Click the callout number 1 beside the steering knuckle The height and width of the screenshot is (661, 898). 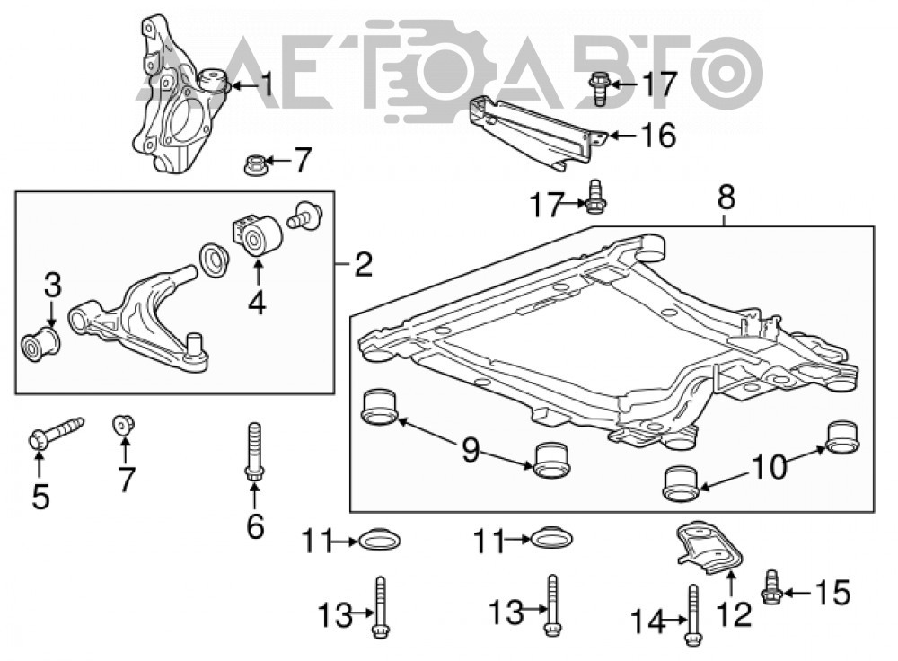(267, 84)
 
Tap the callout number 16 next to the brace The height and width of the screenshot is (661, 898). (658, 136)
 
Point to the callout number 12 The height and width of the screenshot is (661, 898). (735, 614)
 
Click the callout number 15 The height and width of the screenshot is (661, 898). (832, 593)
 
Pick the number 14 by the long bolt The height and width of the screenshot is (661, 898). (649, 621)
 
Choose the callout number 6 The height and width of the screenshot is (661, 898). (255, 525)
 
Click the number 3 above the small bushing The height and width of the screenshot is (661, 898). (52, 286)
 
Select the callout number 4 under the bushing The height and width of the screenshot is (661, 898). (257, 303)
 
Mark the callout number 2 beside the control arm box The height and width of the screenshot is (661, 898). (363, 264)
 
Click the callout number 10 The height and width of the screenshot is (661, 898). (770, 467)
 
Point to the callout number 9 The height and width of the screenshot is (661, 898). (471, 450)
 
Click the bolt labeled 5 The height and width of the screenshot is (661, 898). (55, 434)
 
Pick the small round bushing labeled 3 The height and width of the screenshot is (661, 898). (40, 344)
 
